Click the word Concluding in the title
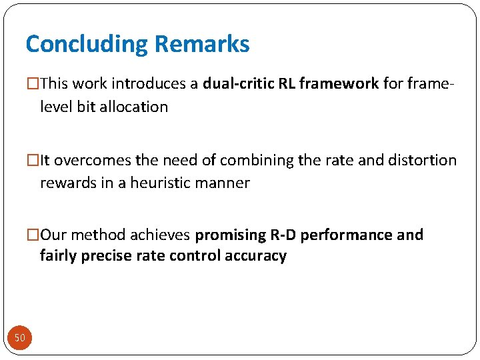[87, 45]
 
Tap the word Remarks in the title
[202, 45]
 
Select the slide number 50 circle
[20, 338]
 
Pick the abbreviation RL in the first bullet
[288, 84]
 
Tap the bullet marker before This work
[33, 85]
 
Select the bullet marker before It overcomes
[33, 161]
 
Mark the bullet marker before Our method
[33, 235]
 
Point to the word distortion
[423, 161]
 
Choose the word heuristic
[160, 183]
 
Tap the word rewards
[67, 183]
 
